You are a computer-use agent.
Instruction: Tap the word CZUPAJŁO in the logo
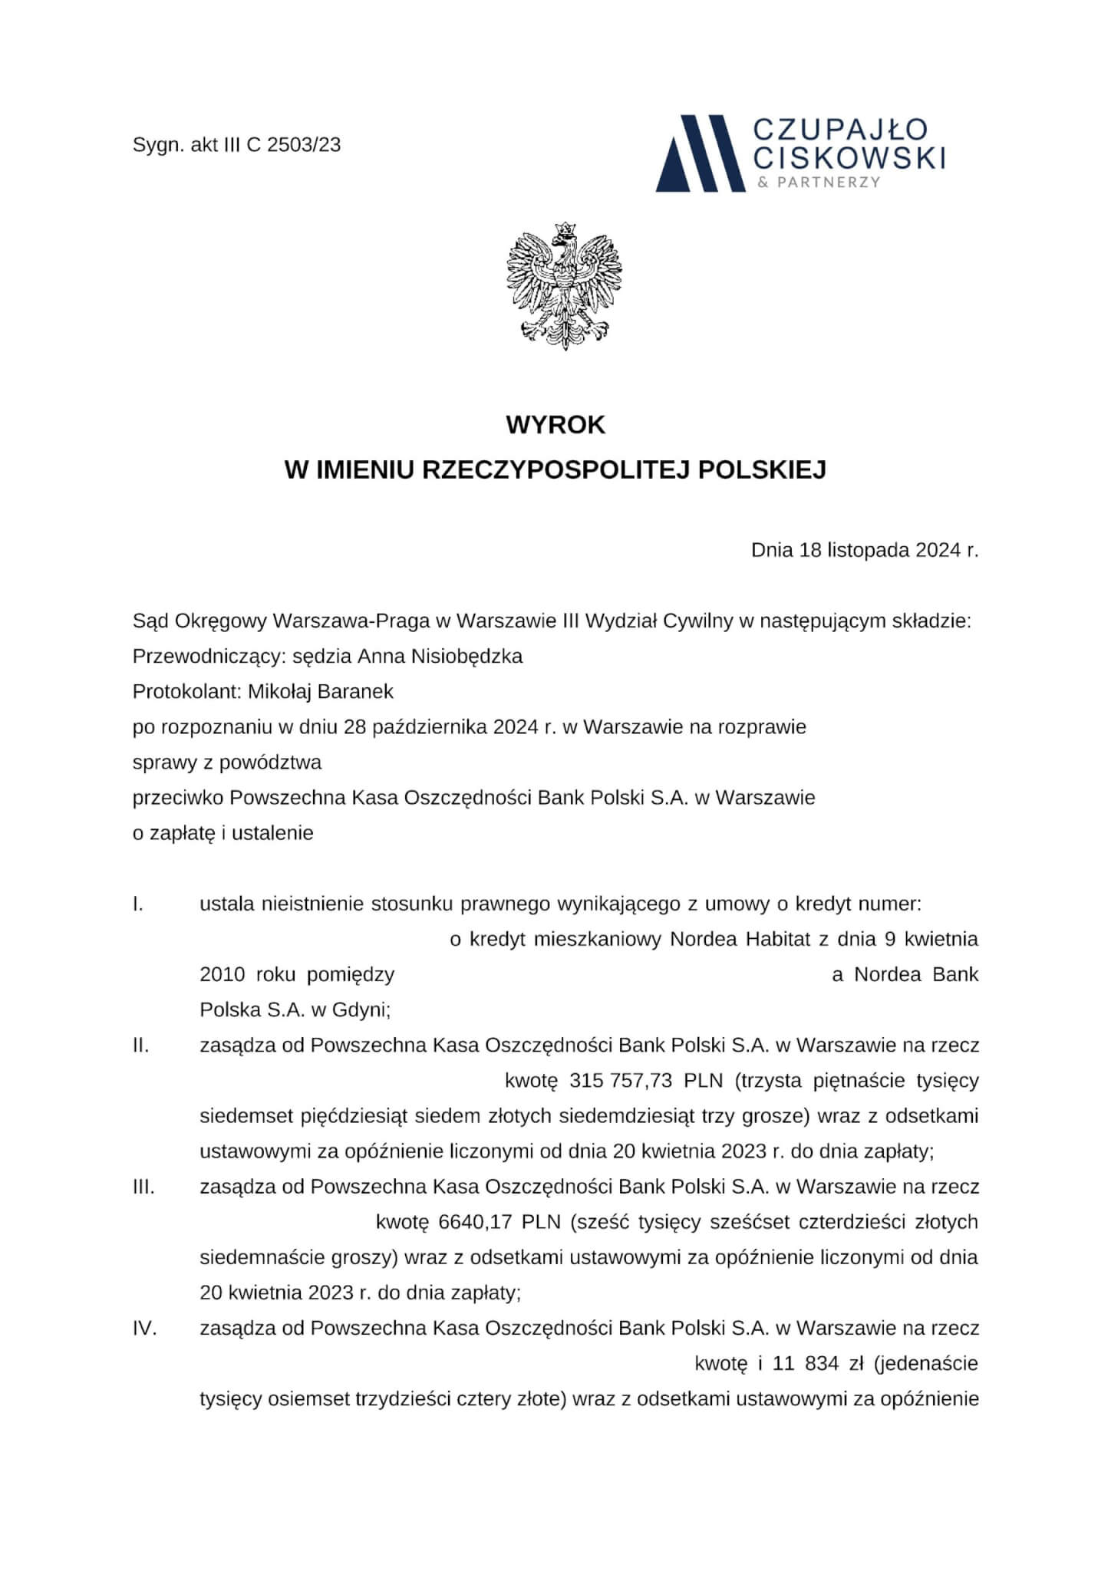click(841, 129)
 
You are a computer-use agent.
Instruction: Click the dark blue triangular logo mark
click(700, 154)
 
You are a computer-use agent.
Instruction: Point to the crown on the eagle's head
click(565, 228)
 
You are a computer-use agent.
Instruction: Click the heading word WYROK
click(555, 426)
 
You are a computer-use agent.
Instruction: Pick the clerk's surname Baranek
click(361, 692)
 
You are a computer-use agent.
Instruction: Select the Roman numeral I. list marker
click(138, 904)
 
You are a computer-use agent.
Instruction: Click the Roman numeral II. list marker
click(140, 1046)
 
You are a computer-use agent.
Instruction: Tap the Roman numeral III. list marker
click(143, 1187)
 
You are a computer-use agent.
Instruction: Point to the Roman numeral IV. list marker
click(144, 1329)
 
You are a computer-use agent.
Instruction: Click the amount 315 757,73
click(621, 1081)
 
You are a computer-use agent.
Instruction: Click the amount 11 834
click(806, 1364)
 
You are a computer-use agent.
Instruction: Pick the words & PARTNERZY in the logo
click(818, 183)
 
